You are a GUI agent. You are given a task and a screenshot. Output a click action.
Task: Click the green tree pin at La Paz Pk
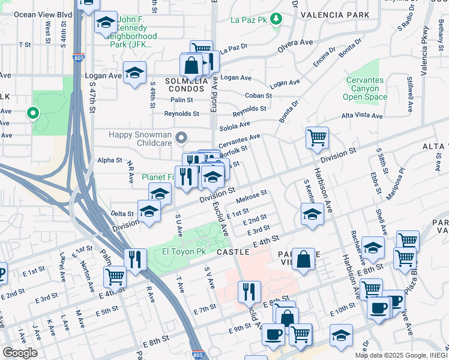pyautogui.click(x=276, y=19)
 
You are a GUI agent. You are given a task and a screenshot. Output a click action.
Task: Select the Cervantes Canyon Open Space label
pyautogui.click(x=365, y=88)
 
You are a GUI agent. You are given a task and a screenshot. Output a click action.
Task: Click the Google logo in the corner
pyautogui.click(x=20, y=353)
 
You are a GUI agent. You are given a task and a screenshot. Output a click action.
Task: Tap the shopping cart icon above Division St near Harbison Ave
pyautogui.click(x=317, y=137)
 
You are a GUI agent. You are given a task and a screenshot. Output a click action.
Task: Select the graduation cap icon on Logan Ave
pyautogui.click(x=135, y=73)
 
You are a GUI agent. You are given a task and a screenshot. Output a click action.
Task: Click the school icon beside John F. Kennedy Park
pyautogui.click(x=106, y=23)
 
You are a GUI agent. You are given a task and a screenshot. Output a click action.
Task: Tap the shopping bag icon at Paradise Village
pyautogui.click(x=304, y=259)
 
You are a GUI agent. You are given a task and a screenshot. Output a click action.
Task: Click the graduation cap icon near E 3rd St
pyautogui.click(x=312, y=214)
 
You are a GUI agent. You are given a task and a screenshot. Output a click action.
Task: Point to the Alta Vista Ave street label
pyautogui.click(x=362, y=116)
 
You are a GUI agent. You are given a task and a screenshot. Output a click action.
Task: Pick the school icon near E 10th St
pyautogui.click(x=341, y=334)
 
